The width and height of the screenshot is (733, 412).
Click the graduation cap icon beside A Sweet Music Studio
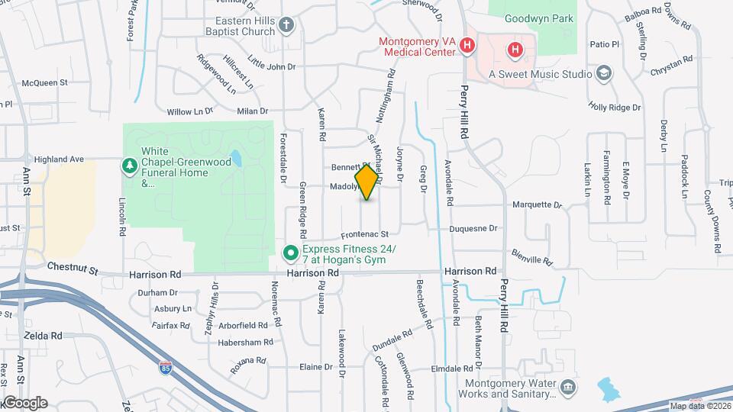click(x=604, y=73)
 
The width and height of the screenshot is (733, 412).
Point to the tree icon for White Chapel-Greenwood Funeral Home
click(x=129, y=165)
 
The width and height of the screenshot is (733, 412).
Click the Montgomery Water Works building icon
click(x=568, y=388)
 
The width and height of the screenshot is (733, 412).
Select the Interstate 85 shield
click(x=166, y=369)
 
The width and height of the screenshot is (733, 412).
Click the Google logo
click(x=24, y=403)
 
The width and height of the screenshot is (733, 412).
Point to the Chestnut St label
click(x=73, y=269)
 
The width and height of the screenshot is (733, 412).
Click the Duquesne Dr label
click(x=473, y=227)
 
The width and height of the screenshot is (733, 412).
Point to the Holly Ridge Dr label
click(x=615, y=108)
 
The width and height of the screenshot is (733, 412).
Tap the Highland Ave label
click(x=63, y=159)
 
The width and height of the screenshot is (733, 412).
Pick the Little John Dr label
click(x=271, y=66)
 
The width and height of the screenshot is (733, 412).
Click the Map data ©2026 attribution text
click(x=697, y=405)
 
